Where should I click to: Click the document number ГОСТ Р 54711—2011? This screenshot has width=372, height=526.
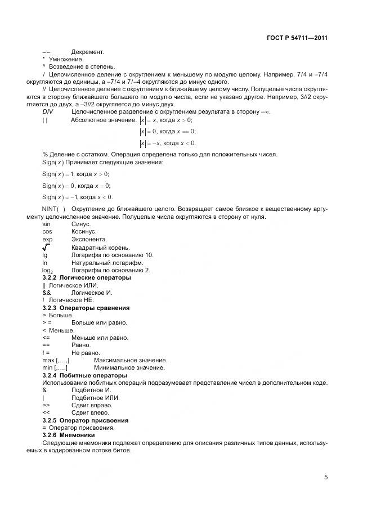tap(296, 38)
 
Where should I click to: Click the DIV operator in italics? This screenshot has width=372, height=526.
tap(48, 112)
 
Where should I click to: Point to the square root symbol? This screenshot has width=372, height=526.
tap(46, 247)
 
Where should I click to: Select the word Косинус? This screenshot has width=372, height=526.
tap(84, 231)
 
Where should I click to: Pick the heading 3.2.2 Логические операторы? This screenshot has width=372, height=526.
tap(87, 278)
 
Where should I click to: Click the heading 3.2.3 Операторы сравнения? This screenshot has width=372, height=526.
tap(86, 308)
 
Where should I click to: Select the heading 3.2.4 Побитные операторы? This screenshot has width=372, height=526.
tap(84, 375)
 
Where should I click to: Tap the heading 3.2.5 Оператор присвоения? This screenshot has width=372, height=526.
tap(86, 420)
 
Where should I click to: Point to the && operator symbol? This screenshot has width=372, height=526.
tap(47, 293)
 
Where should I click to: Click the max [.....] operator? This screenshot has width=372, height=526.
tap(56, 360)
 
